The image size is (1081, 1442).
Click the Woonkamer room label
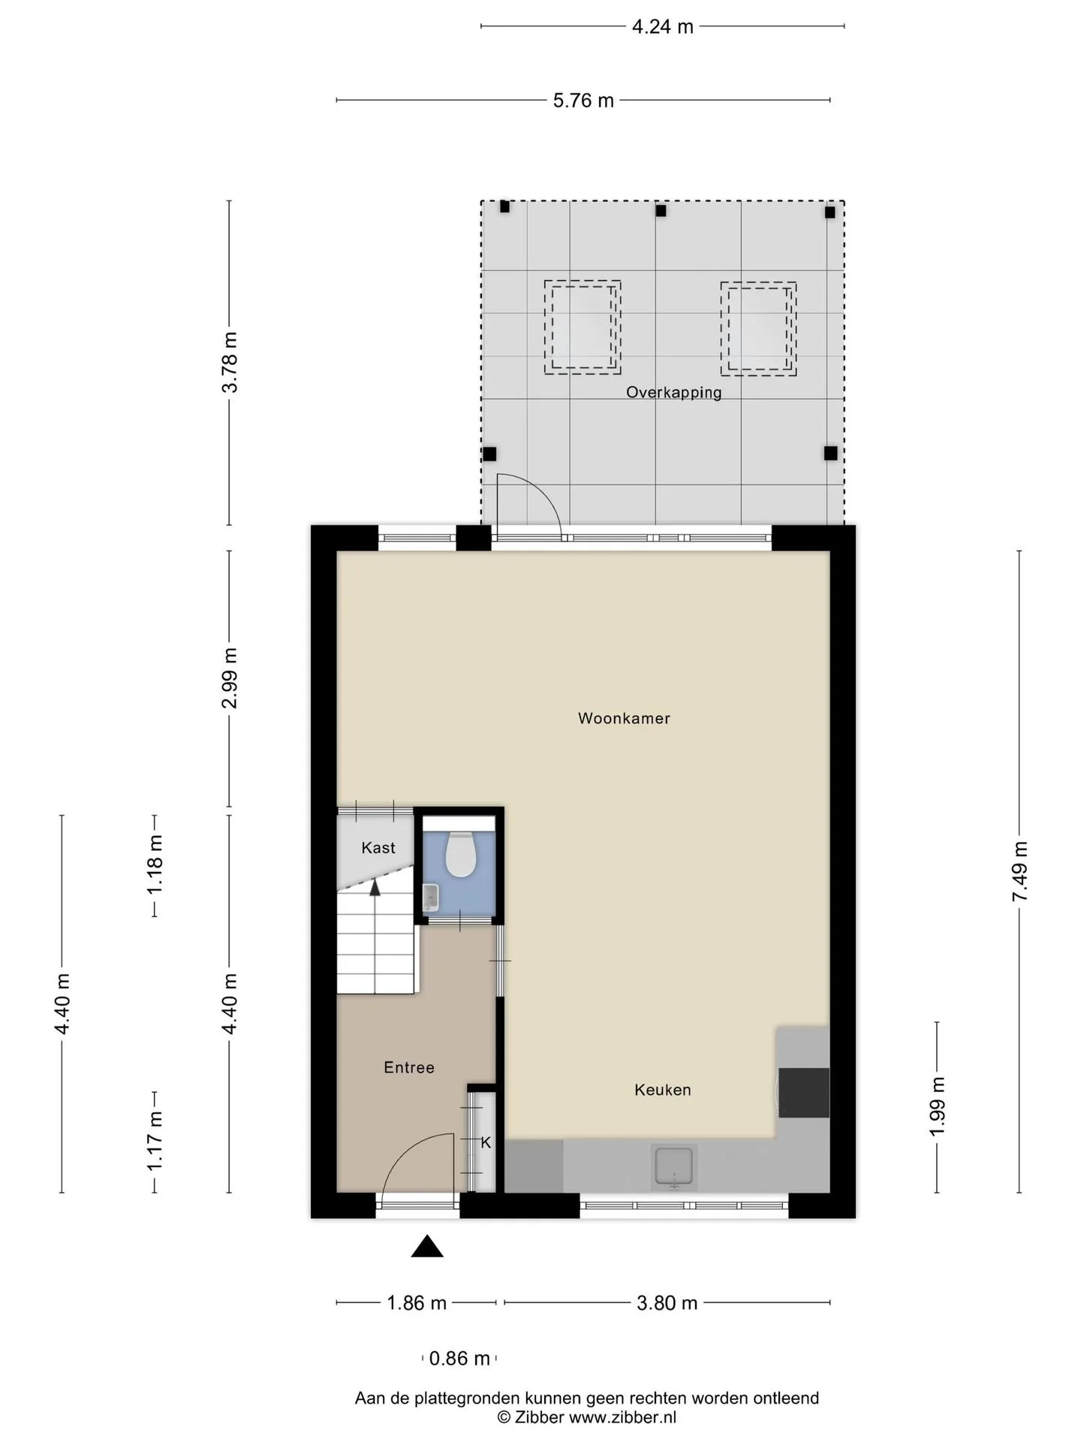624,718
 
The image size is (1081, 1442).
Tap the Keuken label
662,1090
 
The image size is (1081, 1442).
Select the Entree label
409,1067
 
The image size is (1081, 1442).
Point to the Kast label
378,848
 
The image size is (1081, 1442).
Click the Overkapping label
674,392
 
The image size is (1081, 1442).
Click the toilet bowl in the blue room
459,854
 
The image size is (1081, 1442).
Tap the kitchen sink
674,1166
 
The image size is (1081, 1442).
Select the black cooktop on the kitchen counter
804,1093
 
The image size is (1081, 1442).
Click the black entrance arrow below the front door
427,1246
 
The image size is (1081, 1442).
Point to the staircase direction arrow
375,888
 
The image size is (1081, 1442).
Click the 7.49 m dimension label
1019,871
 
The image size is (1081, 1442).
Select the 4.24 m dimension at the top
663,27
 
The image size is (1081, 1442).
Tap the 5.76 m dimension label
583,101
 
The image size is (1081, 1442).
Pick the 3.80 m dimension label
667,1303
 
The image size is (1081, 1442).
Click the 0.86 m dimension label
459,1358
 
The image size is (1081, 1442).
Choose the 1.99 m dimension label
937,1107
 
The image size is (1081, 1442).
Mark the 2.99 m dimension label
230,677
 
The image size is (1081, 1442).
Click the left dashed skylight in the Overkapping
583,327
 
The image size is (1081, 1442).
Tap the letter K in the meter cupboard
486,1142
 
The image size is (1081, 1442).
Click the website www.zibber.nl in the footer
622,1416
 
